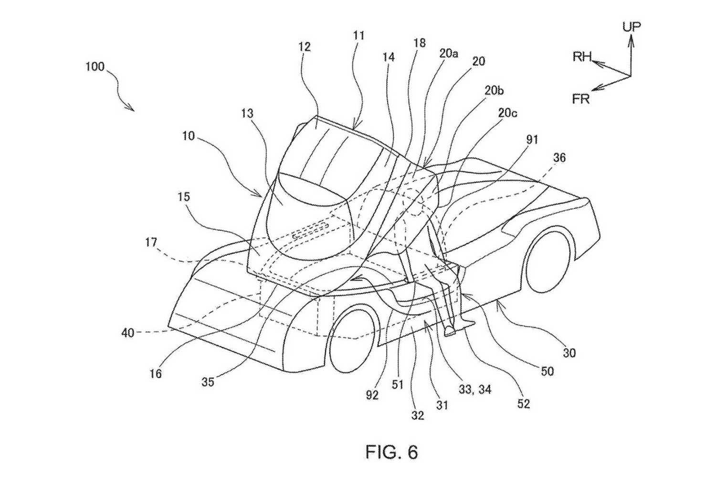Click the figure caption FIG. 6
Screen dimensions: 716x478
[391, 452]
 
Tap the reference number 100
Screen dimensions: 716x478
[95, 66]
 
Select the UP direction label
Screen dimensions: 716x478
[632, 27]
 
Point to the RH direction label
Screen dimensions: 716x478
[582, 57]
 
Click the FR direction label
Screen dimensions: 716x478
[581, 99]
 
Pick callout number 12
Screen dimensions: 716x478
[305, 47]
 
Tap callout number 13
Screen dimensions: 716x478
[247, 113]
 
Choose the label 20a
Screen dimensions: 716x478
[449, 54]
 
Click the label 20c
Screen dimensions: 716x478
[507, 113]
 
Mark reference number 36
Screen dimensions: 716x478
[559, 158]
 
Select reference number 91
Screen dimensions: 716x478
[532, 140]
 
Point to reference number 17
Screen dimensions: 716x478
[151, 242]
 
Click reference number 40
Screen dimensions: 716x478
[128, 333]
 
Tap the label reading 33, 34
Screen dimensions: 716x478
[475, 389]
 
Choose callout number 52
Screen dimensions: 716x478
[524, 404]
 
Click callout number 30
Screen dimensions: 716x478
[569, 353]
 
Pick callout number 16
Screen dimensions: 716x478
[156, 374]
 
